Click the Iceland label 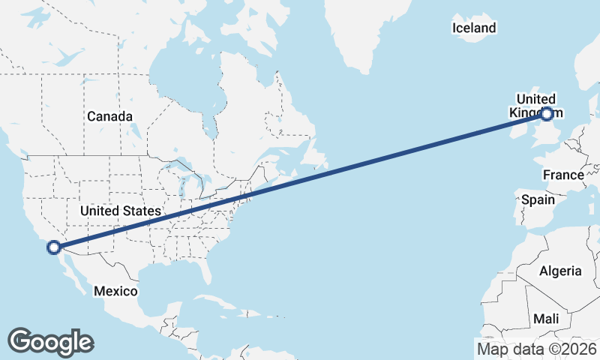click(474, 28)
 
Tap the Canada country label click(109, 117)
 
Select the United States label click(121, 211)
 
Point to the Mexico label click(115, 290)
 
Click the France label click(563, 175)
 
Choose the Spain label click(538, 200)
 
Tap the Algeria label click(560, 271)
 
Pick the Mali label click(546, 319)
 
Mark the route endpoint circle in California click(54, 247)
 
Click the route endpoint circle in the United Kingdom click(546, 114)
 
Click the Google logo click(50, 342)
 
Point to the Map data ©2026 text click(537, 349)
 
